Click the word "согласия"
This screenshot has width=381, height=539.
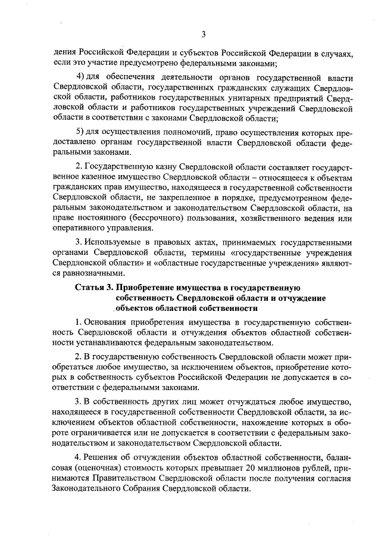(335, 479)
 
